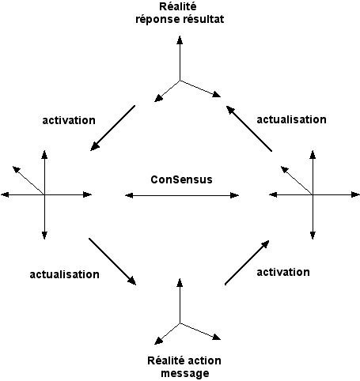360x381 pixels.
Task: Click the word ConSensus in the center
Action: click(x=181, y=179)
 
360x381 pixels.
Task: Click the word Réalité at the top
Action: click(x=178, y=6)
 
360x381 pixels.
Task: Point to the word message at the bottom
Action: click(x=185, y=373)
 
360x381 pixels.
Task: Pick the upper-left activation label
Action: click(x=69, y=120)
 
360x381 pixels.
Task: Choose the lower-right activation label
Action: click(x=283, y=272)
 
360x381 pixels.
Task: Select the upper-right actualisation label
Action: click(x=291, y=119)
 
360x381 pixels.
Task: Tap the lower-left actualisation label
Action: click(x=64, y=274)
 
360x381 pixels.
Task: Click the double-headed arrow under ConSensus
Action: click(x=182, y=195)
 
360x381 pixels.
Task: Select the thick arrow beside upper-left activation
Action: click(x=112, y=128)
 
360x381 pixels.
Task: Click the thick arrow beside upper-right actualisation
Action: click(x=249, y=129)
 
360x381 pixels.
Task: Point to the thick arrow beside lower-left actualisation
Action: click(x=112, y=262)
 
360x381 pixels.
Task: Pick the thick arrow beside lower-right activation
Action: click(x=247, y=262)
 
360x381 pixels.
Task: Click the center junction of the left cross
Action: click(x=44, y=194)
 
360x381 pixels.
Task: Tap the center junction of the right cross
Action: click(x=313, y=194)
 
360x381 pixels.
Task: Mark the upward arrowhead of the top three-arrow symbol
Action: click(x=180, y=40)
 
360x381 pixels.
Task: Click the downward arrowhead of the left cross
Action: click(x=44, y=236)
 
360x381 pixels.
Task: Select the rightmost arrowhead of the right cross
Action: click(x=355, y=194)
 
